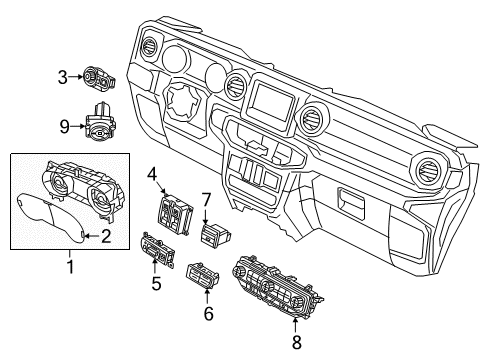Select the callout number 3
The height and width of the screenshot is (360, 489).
[x=62, y=76]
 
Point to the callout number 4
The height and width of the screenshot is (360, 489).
[x=153, y=175]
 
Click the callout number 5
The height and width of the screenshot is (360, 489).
[x=155, y=283]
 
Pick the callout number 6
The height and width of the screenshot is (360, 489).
[x=208, y=313]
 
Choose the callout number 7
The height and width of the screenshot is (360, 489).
[x=207, y=200]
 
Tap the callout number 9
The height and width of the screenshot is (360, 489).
[x=62, y=127]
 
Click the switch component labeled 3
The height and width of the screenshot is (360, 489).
[x=100, y=76]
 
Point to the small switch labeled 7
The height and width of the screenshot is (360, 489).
[x=214, y=234]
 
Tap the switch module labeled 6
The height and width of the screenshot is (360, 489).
[x=205, y=275]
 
